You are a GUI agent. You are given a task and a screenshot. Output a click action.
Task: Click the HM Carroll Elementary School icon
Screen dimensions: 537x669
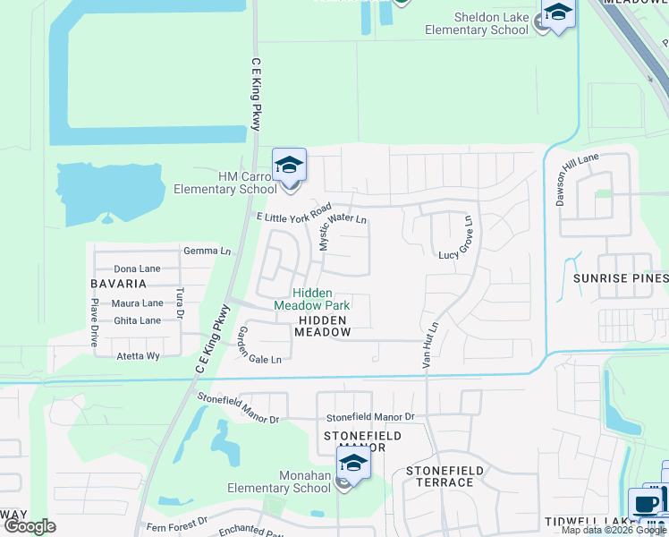(x=289, y=166)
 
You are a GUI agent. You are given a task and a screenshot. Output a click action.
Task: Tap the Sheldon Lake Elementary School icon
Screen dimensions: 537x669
(x=558, y=13)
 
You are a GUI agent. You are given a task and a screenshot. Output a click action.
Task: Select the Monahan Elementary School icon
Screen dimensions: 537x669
(x=353, y=465)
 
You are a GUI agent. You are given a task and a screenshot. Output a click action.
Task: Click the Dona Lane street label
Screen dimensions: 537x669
(x=137, y=268)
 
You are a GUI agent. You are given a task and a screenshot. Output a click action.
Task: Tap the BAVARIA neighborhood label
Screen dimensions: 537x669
(x=118, y=284)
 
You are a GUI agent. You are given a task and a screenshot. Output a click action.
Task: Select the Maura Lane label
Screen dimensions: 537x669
(x=138, y=303)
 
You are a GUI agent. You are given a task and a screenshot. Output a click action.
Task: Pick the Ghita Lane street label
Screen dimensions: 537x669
(x=137, y=320)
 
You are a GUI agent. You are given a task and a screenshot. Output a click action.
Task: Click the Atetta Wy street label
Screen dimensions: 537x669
(x=138, y=355)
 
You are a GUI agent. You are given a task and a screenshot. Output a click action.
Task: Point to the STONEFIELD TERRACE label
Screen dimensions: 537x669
(x=445, y=476)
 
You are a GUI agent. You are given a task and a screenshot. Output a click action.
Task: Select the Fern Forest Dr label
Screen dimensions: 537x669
(x=177, y=520)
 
